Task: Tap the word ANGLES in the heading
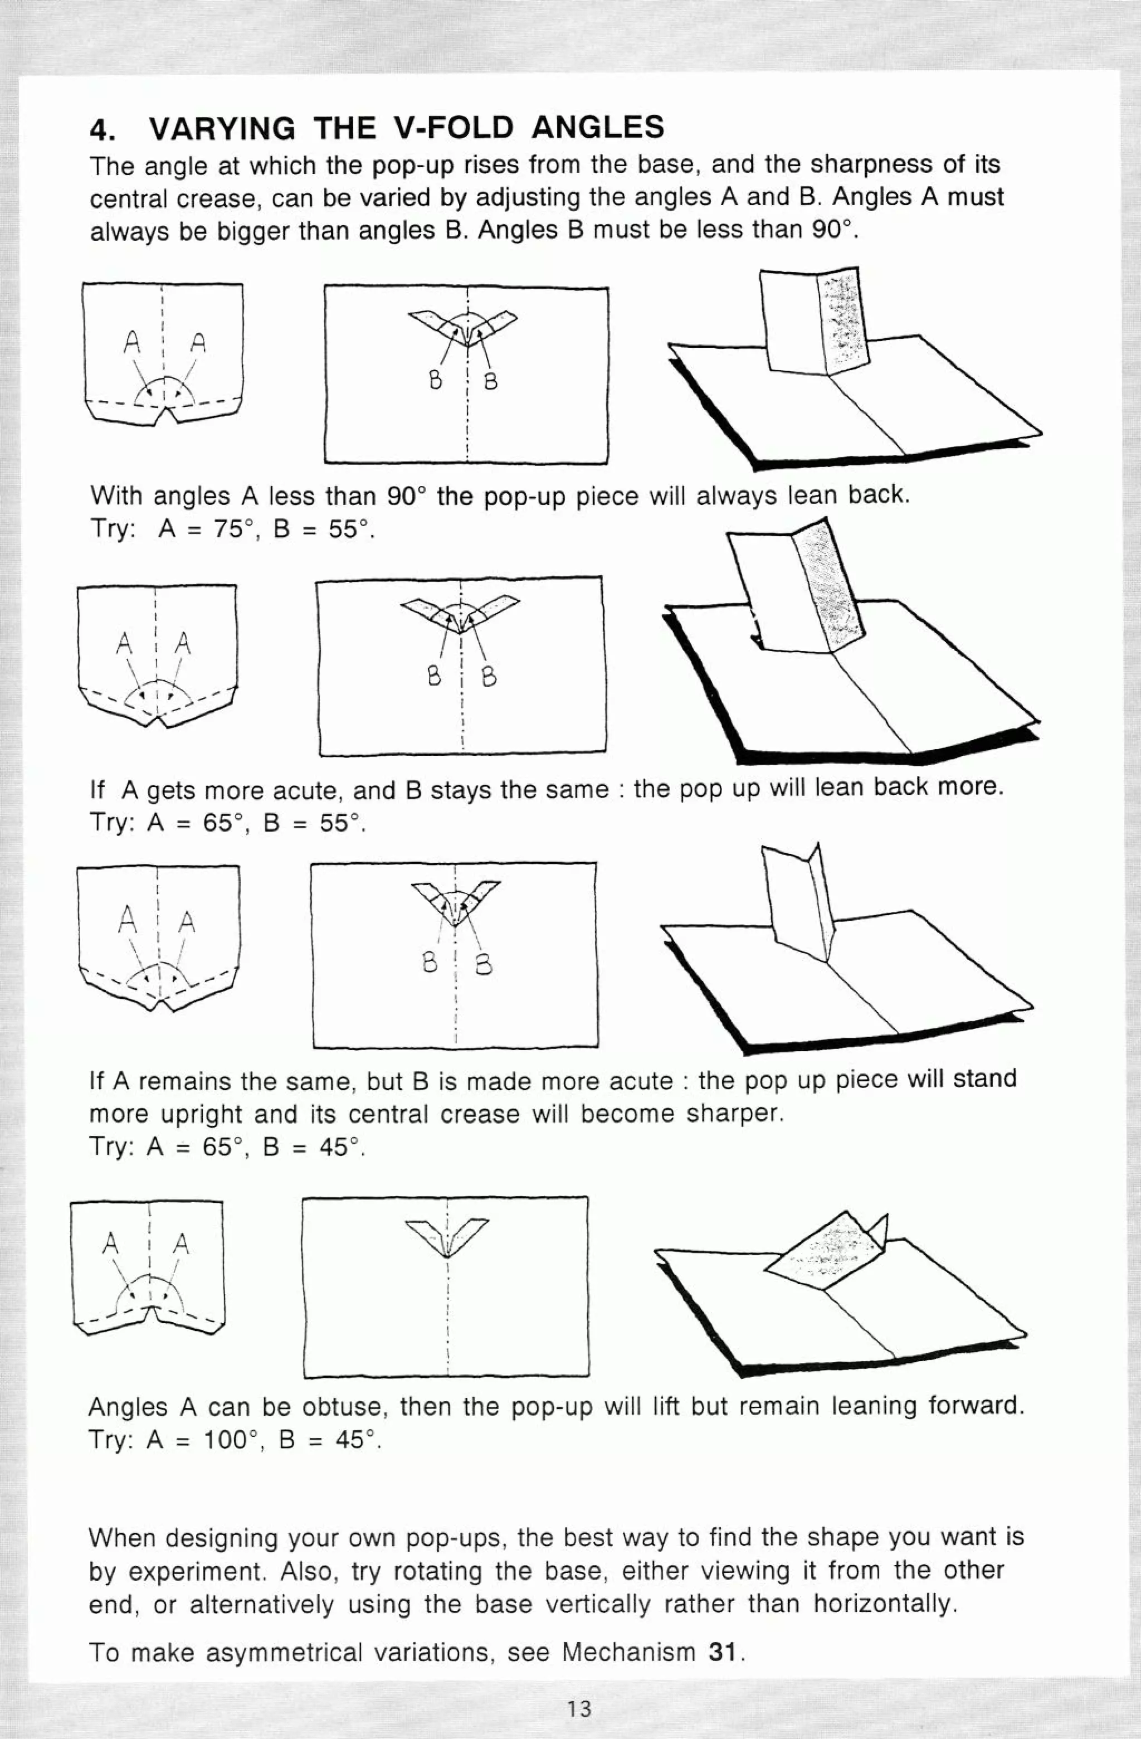click(x=598, y=127)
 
